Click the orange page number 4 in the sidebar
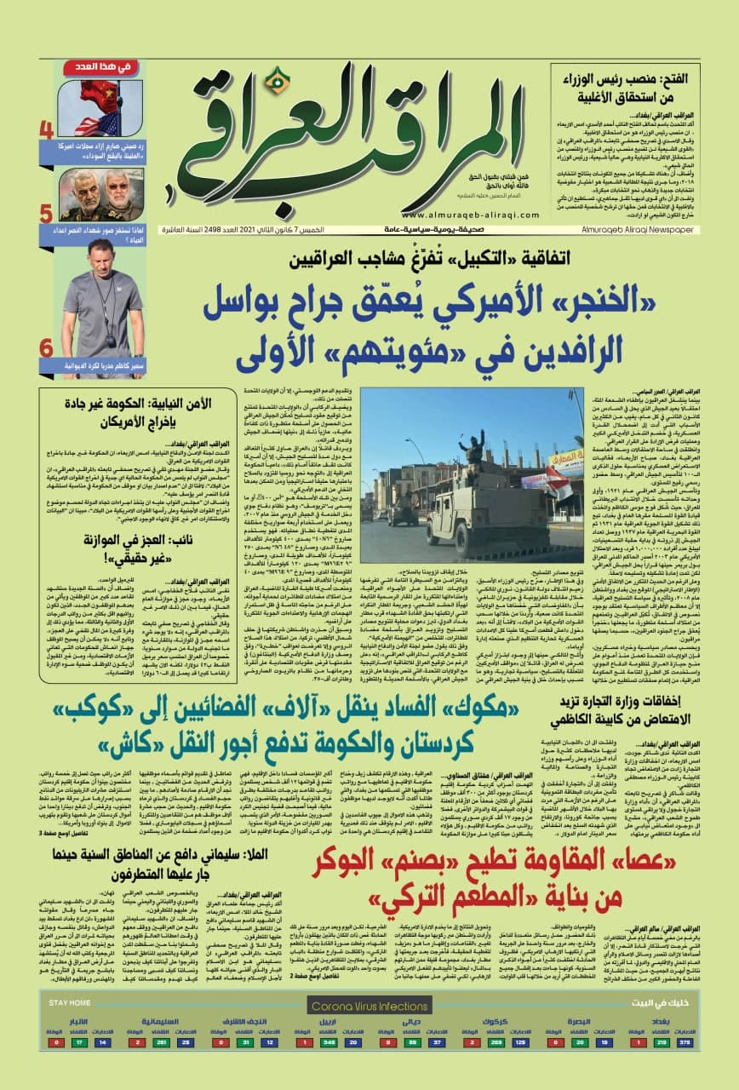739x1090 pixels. click(47, 131)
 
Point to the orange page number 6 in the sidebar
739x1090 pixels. click(47, 349)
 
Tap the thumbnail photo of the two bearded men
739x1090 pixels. click(100, 196)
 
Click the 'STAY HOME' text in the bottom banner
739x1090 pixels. click(70, 1004)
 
